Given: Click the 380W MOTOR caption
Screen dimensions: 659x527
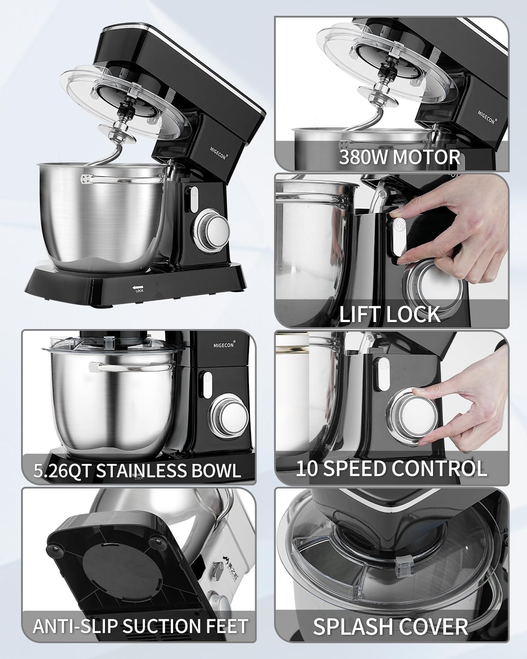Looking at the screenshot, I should pos(399,157).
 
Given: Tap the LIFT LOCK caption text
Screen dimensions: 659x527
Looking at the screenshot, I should pos(390,314).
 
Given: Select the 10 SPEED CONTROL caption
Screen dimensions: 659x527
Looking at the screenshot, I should pos(391,468).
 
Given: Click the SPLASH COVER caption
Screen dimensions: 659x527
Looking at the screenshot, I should pos(390,626).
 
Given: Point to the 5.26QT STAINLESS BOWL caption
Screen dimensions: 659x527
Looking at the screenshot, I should pos(137,471).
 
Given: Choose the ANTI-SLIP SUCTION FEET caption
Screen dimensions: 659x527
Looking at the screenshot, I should pos(140,626).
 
